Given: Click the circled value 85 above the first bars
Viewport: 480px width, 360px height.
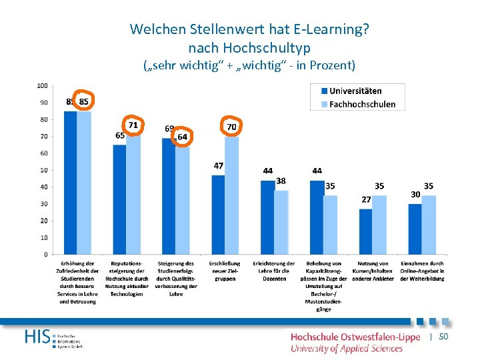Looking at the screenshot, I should [x=84, y=101].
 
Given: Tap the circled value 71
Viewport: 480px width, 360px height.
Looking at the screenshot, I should [x=133, y=125].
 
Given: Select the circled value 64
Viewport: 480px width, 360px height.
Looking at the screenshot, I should [x=182, y=137].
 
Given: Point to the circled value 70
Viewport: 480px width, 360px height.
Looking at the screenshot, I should [x=231, y=126].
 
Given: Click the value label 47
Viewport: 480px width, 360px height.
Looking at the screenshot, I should [x=218, y=165].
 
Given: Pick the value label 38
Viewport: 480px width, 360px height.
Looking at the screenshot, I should [x=281, y=181].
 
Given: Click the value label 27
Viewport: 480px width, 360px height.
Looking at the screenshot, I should [x=366, y=199].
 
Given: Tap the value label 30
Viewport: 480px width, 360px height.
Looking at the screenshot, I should [x=415, y=194].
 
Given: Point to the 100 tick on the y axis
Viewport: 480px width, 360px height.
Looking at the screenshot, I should [x=42, y=86].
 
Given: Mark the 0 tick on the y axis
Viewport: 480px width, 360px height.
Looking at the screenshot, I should [x=45, y=254].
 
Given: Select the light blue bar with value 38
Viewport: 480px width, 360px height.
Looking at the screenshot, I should [x=281, y=222].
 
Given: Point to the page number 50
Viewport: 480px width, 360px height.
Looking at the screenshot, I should [x=443, y=337].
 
